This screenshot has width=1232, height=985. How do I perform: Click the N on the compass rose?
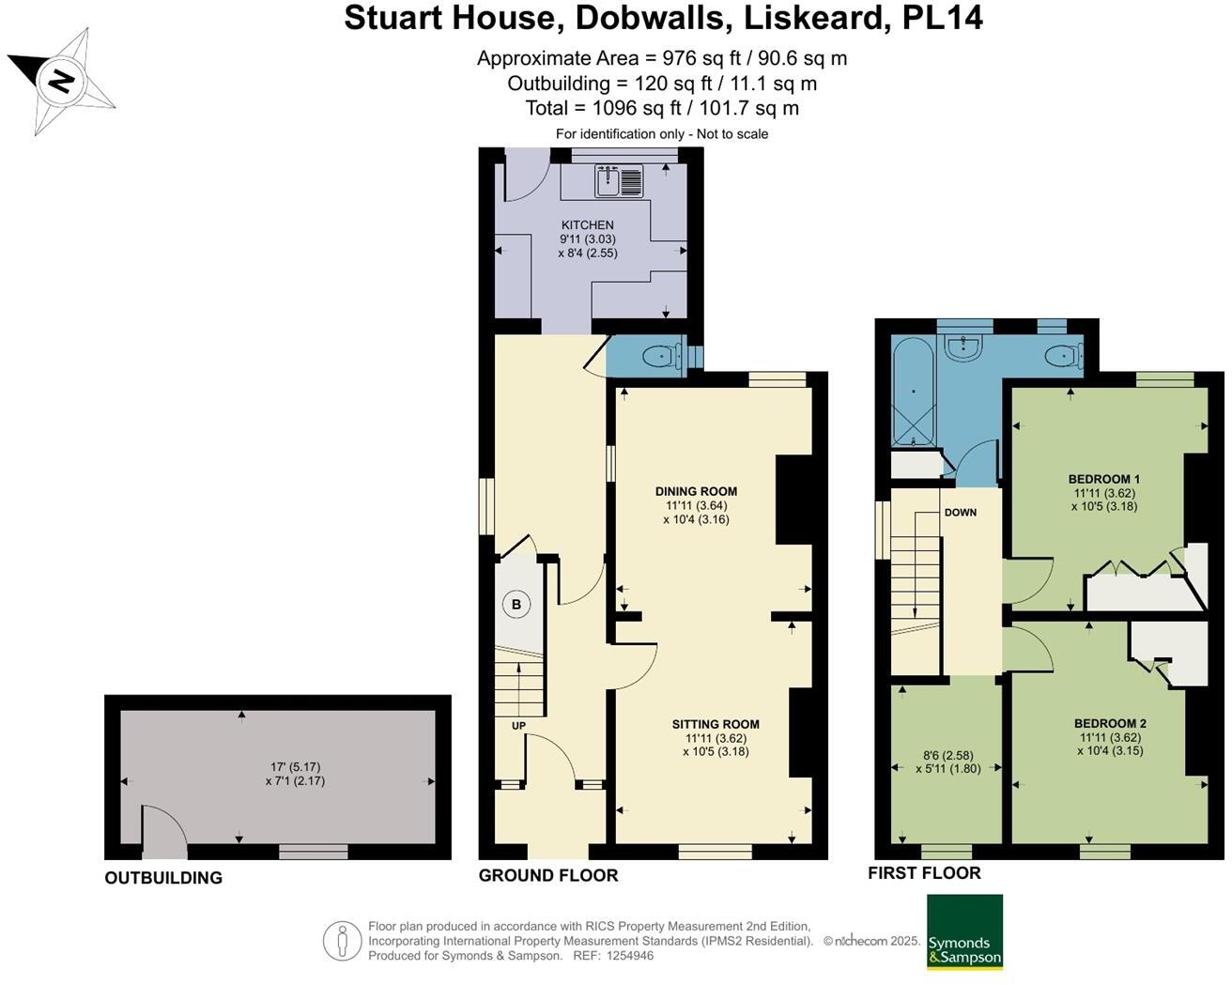click(61, 80)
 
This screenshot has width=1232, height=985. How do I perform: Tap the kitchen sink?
click(619, 181)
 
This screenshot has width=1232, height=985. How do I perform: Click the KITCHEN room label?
click(588, 225)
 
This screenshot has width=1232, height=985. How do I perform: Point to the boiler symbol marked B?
click(516, 604)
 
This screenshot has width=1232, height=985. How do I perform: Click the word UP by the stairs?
click(518, 726)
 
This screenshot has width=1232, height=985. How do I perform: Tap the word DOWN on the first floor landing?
click(960, 512)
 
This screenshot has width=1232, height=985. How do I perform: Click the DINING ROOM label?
click(696, 491)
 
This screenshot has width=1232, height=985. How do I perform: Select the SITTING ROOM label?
click(716, 724)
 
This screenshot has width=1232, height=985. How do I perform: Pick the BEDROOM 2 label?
click(1110, 723)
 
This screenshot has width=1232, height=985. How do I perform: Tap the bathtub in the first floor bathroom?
click(913, 392)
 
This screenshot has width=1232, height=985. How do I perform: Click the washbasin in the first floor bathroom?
click(964, 348)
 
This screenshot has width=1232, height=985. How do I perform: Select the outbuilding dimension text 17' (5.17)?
click(296, 766)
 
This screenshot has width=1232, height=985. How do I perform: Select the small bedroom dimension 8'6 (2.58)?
click(947, 755)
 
